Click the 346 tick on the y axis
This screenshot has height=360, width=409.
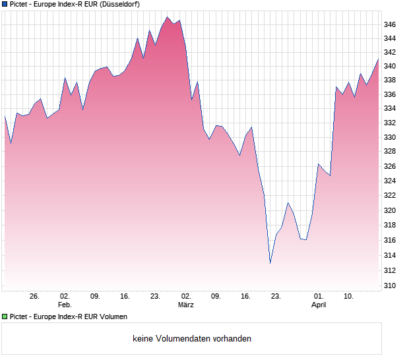pyautogui.click(x=390, y=25)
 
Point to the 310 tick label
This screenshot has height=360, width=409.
pyautogui.click(x=390, y=286)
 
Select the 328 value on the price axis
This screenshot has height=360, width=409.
pyautogui.click(x=390, y=152)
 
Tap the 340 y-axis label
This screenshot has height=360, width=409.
pyautogui.click(x=390, y=67)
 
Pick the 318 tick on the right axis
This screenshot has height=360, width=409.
pyautogui.click(x=390, y=225)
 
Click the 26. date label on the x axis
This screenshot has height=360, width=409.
pyautogui.click(x=34, y=297)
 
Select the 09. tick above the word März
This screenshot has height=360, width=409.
pyautogui.click(x=216, y=297)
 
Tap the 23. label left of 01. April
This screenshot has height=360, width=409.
pyautogui.click(x=276, y=297)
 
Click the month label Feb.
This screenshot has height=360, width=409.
pyautogui.click(x=65, y=305)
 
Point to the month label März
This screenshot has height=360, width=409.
pyautogui.click(x=186, y=305)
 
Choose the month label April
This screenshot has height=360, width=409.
pyautogui.click(x=319, y=305)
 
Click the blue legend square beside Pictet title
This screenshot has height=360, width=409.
pyautogui.click(x=5, y=4)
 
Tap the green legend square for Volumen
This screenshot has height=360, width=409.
pyautogui.click(x=5, y=316)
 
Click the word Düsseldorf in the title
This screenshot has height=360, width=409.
pyautogui.click(x=117, y=4)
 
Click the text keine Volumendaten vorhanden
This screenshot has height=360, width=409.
pyautogui.click(x=192, y=339)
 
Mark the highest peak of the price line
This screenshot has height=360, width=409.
pyautogui.click(x=168, y=17)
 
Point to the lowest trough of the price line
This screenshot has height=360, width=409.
pyautogui.click(x=270, y=263)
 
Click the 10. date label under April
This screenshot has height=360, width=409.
pyautogui.click(x=349, y=297)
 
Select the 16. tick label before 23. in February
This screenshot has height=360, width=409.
pyautogui.click(x=125, y=297)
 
